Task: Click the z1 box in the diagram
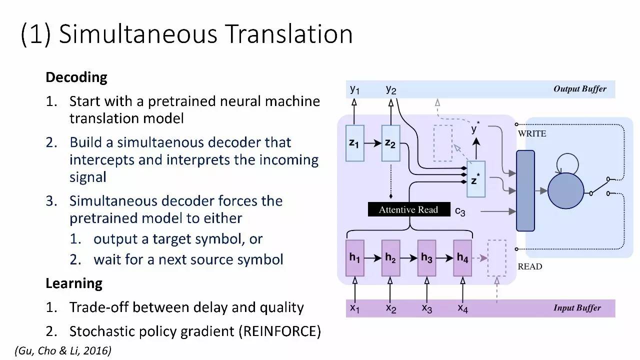[354, 143]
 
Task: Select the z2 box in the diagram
[390, 143]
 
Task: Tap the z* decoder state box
[476, 179]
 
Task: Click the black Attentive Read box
[408, 209]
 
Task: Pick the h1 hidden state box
[354, 258]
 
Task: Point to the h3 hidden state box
[426, 258]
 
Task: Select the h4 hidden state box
[462, 258]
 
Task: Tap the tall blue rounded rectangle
[525, 190]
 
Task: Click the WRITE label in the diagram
[532, 133]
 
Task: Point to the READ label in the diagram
[529, 266]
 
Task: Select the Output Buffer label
[579, 89]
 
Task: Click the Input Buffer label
[577, 308]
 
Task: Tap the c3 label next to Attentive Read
[460, 211]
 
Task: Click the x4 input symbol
[462, 308]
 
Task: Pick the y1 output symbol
[354, 89]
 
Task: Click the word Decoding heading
[76, 77]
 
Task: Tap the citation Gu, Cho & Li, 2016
[63, 350]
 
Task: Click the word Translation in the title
[288, 34]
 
